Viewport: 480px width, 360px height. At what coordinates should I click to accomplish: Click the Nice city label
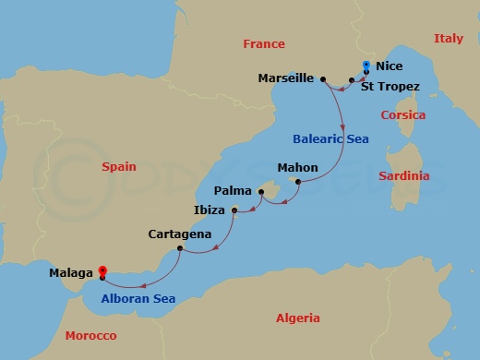[x=390, y=66]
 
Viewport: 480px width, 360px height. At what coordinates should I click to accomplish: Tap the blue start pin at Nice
[x=366, y=66]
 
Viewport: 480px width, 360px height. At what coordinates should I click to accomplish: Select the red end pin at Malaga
[x=103, y=270]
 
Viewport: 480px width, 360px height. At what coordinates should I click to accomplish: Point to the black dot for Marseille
[x=323, y=79]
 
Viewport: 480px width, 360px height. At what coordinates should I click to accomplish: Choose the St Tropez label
[x=390, y=87]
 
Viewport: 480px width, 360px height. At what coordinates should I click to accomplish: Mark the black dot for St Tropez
[x=352, y=80]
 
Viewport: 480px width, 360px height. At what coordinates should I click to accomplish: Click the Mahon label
[x=297, y=168]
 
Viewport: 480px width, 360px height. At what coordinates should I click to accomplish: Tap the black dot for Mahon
[x=297, y=181]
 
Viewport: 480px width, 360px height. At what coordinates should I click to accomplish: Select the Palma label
[x=233, y=190]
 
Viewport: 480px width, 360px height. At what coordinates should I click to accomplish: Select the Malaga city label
[x=72, y=273]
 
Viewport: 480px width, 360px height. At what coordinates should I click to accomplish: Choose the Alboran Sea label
[x=138, y=298]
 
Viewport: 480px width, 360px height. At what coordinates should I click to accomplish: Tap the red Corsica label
[x=403, y=115]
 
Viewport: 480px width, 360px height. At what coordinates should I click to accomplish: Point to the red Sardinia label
[x=406, y=175]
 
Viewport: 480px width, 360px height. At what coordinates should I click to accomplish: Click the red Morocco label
[x=90, y=336]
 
